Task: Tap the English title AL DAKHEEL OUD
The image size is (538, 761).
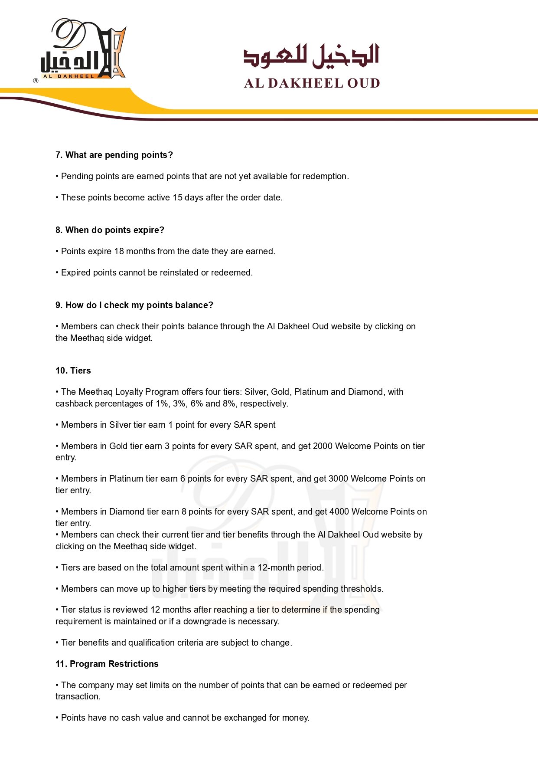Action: tap(312, 83)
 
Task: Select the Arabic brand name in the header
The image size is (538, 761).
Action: tap(311, 56)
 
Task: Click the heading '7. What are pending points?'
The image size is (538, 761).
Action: tap(114, 155)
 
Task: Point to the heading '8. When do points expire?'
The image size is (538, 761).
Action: tap(110, 230)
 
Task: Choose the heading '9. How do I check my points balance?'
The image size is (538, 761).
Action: tap(134, 305)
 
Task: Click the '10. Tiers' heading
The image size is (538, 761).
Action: tap(73, 371)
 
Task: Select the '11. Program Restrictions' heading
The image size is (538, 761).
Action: tap(107, 664)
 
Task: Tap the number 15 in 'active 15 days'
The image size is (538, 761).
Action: tap(177, 197)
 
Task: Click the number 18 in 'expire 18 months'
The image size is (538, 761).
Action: tap(119, 251)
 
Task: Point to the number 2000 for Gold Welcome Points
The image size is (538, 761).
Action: tap(323, 446)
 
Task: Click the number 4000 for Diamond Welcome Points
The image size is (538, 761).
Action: tap(339, 512)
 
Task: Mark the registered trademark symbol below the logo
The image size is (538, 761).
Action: tap(36, 81)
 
